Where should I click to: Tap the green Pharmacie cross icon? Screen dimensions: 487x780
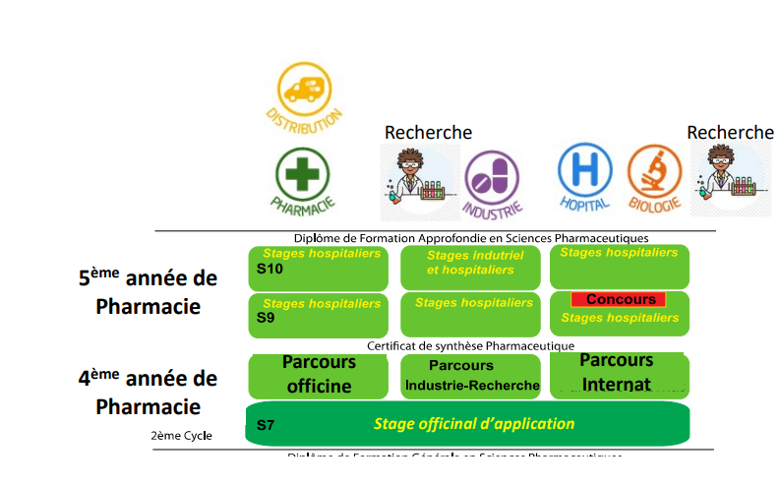point(302,174)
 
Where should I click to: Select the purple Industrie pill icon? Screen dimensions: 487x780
point(492,177)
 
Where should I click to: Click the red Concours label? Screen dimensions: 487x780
point(619,299)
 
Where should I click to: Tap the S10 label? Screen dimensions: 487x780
point(270,268)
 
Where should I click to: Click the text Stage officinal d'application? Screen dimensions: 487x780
point(473,424)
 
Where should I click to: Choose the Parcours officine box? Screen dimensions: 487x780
point(319,375)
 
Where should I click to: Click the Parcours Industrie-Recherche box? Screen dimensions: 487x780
point(471,376)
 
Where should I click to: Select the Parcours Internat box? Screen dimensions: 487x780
point(618,374)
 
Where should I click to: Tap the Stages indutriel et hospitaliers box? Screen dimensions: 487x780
point(470,267)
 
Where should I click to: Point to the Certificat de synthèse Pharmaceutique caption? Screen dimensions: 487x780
point(470,345)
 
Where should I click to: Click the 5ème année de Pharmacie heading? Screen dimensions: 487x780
point(148,292)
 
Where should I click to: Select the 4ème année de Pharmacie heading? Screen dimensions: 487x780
point(148,392)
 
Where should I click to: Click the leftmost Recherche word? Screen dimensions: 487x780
point(428,132)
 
